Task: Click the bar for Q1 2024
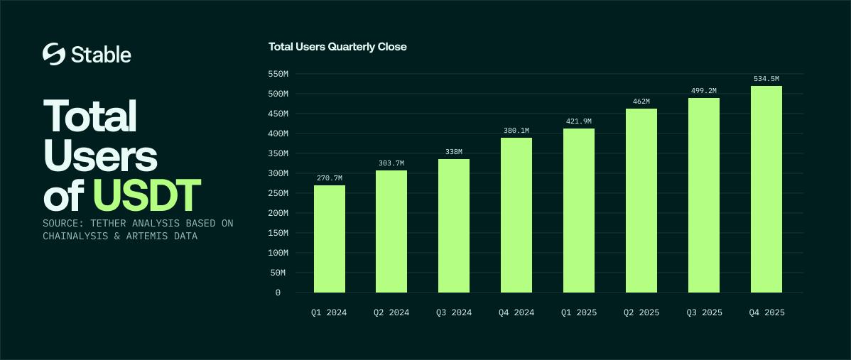point(330,239)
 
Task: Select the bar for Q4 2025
point(766,189)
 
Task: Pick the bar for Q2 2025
point(641,200)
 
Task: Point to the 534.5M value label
point(766,78)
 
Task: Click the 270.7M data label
point(330,178)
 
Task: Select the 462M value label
point(641,101)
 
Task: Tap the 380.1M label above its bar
point(516,130)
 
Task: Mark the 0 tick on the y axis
point(278,293)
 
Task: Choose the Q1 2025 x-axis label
point(579,312)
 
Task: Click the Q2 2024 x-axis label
point(391,312)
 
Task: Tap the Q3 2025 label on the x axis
point(704,312)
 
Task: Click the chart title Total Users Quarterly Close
point(337,47)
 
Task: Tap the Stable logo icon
point(54,54)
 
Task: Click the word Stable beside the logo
point(101,55)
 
